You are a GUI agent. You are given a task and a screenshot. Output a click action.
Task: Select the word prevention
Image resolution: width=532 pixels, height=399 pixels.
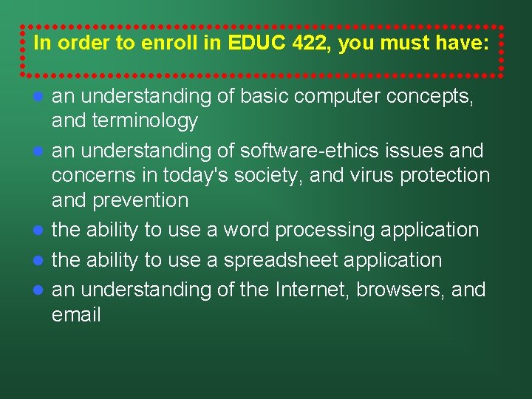(x=142, y=200)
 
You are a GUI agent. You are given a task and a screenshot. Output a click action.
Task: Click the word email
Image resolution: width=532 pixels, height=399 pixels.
(x=76, y=315)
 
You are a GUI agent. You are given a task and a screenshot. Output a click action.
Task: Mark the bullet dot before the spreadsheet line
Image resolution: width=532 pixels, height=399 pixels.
(x=39, y=260)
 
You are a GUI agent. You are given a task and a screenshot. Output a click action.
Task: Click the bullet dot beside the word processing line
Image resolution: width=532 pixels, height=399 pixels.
(x=39, y=231)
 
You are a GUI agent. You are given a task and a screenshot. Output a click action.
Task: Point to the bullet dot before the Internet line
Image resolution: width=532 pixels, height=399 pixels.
(x=39, y=290)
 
